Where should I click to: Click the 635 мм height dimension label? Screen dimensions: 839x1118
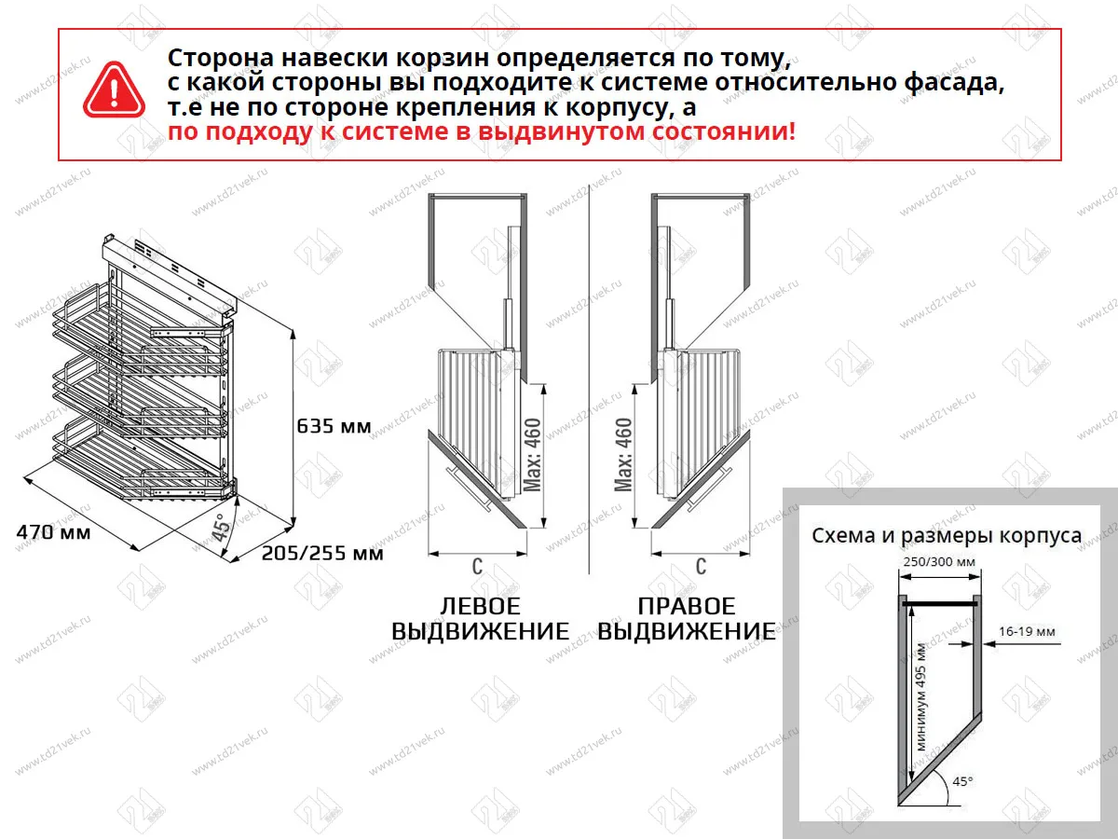click(334, 427)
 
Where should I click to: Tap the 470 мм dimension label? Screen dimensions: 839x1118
click(53, 533)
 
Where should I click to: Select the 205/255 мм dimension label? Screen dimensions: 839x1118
click(322, 553)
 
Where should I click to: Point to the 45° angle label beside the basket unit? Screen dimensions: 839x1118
click(221, 529)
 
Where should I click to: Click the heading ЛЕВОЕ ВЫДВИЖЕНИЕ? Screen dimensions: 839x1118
click(480, 619)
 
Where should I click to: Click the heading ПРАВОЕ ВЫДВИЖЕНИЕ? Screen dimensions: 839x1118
click(687, 619)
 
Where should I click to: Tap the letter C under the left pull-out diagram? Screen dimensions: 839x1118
click(477, 566)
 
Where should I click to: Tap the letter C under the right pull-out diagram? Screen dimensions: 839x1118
click(701, 566)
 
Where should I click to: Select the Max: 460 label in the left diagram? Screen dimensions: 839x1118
click(532, 455)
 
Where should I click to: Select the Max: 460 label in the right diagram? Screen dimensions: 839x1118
click(624, 455)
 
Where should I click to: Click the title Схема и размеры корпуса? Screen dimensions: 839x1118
click(947, 536)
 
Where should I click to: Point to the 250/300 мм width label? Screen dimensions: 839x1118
click(938, 561)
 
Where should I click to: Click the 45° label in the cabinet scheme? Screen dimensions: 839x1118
click(961, 781)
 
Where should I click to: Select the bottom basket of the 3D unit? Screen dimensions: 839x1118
click(140, 457)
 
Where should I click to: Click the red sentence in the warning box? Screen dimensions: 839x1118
click(482, 131)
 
